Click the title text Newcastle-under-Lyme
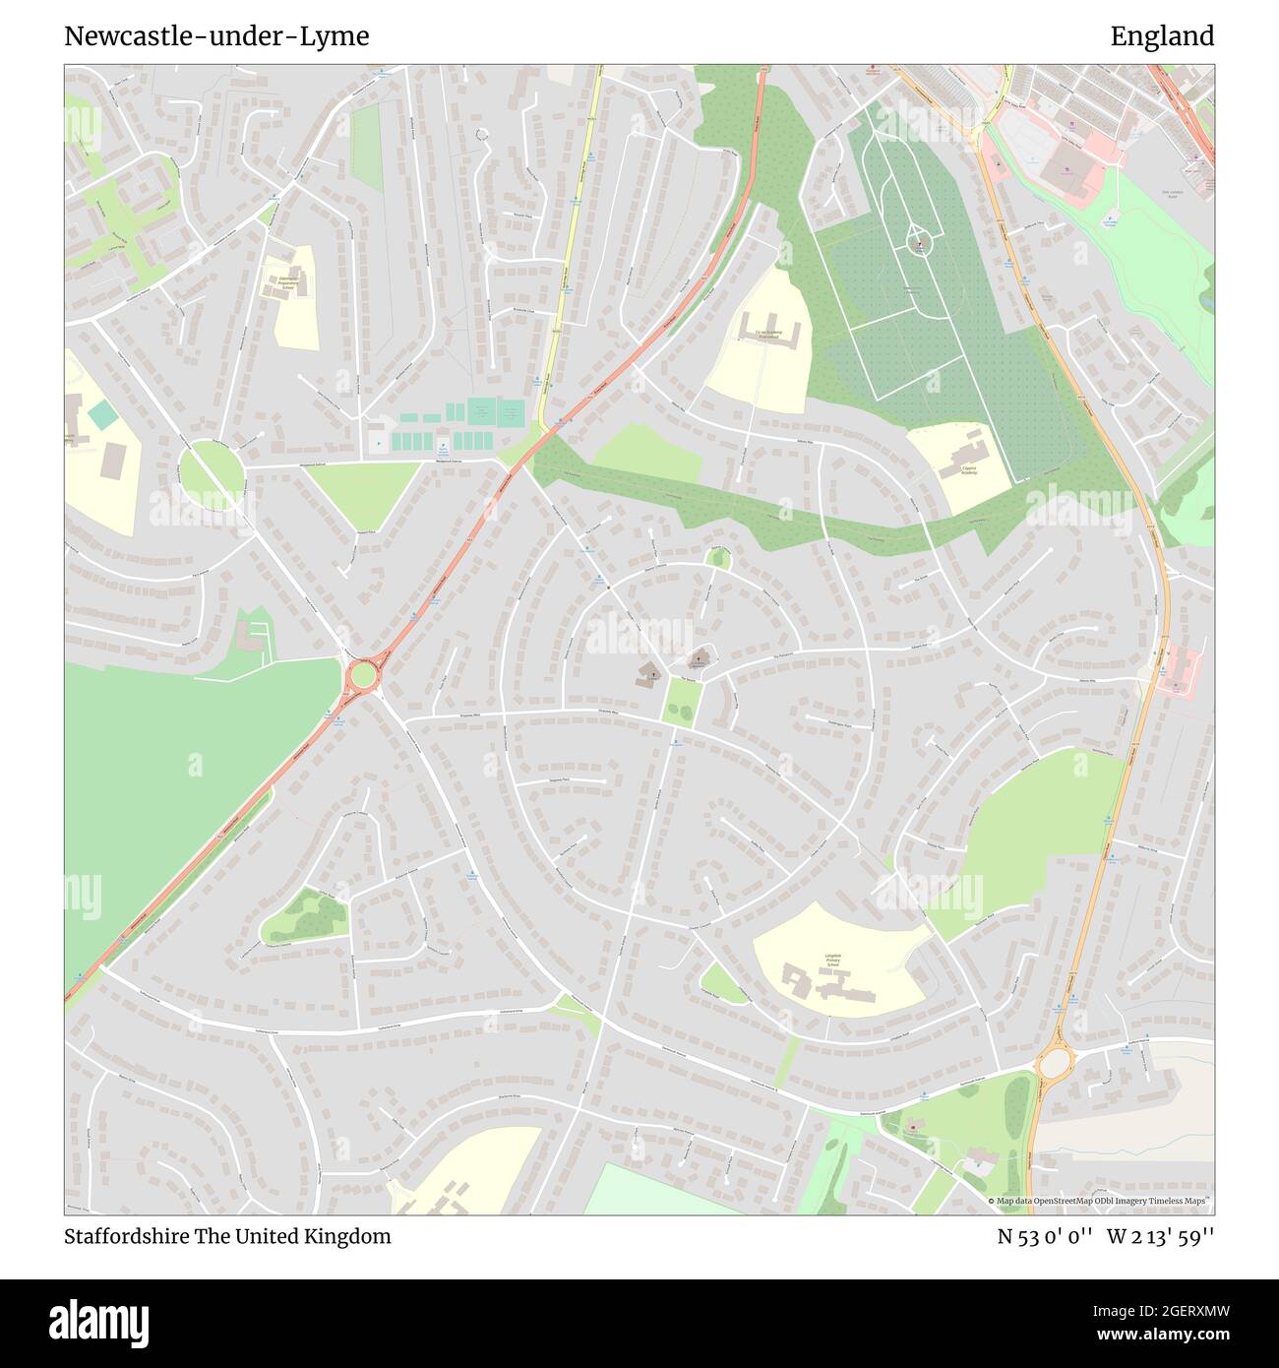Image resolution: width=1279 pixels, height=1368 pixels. pyautogui.click(x=216, y=36)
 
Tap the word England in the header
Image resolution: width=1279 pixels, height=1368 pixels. pyautogui.click(x=1162, y=36)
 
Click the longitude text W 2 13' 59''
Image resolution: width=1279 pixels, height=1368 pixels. pyautogui.click(x=1161, y=1236)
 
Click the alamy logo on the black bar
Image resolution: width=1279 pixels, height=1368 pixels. pyautogui.click(x=98, y=1322)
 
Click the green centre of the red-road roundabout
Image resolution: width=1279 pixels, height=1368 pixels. pyautogui.click(x=362, y=675)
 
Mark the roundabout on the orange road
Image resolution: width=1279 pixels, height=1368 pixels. pyautogui.click(x=1054, y=1063)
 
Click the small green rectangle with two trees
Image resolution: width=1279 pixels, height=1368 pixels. pyautogui.click(x=680, y=701)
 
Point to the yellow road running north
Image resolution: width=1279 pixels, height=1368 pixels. pyautogui.click(x=571, y=246)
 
